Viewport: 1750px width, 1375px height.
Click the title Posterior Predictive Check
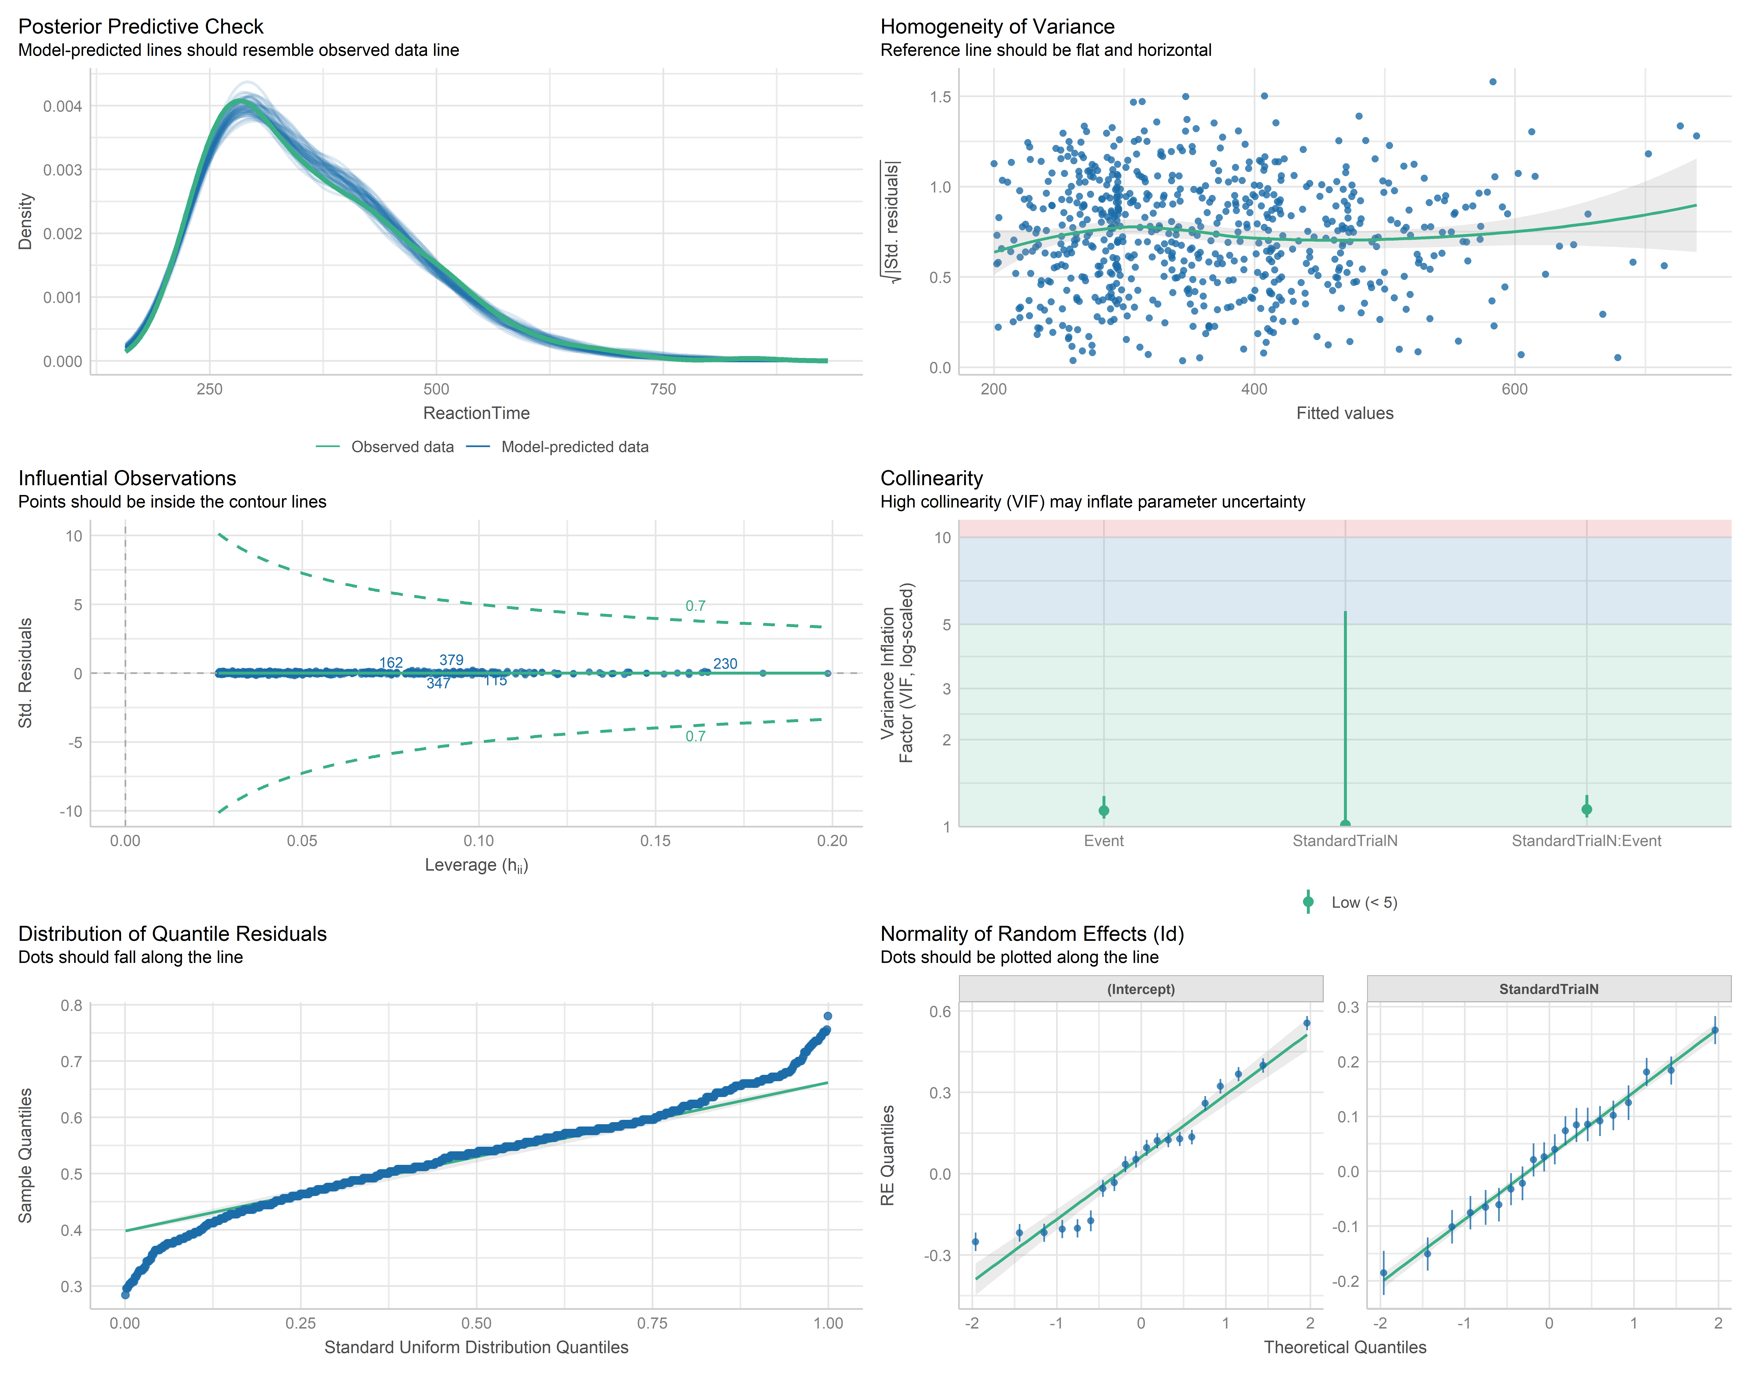tap(141, 27)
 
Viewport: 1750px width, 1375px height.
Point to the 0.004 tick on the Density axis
tap(63, 106)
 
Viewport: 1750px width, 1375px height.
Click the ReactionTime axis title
tap(476, 413)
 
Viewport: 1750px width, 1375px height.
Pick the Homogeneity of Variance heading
tap(997, 27)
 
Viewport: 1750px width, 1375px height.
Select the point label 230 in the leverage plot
tap(725, 663)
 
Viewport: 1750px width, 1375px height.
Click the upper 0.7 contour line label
tap(695, 605)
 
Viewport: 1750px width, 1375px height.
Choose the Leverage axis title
tap(476, 865)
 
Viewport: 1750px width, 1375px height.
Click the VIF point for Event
tap(1104, 811)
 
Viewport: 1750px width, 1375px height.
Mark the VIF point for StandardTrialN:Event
tap(1587, 809)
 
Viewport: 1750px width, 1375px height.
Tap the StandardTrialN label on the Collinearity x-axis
tap(1345, 840)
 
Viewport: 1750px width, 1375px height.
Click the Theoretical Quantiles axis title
tap(1345, 1347)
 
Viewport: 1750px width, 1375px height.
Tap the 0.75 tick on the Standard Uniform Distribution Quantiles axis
tap(652, 1323)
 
